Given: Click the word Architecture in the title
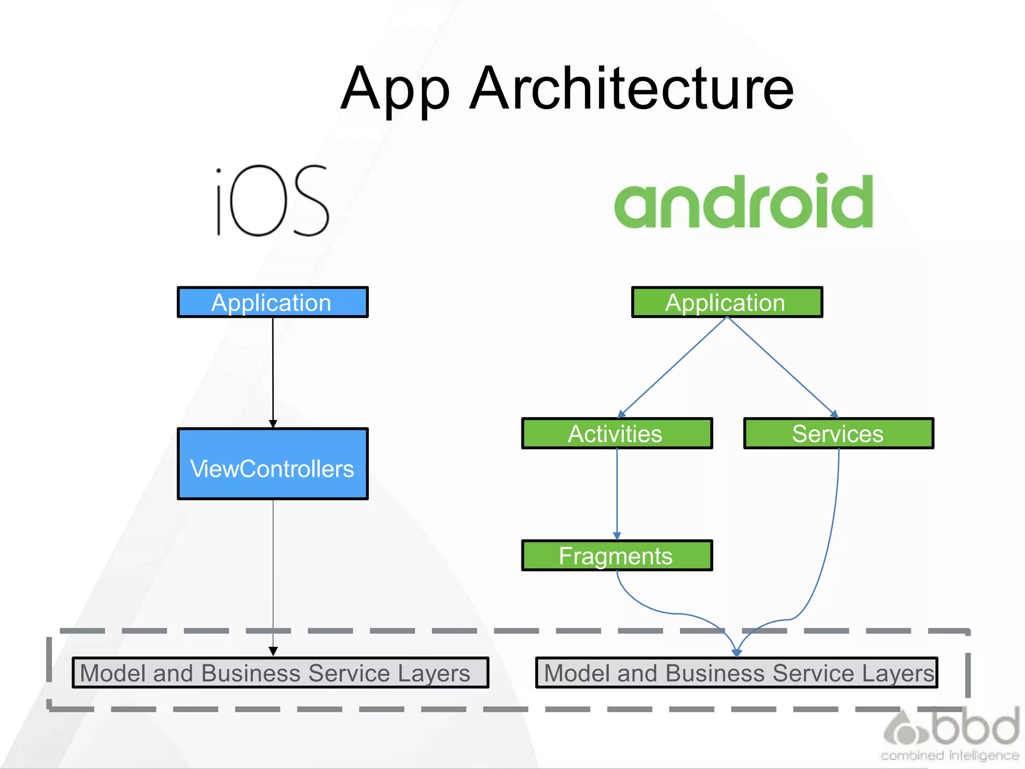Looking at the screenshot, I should click(632, 89).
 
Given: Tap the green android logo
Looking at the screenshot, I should click(744, 201).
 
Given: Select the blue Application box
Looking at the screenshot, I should click(273, 302).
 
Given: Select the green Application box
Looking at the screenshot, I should click(727, 302).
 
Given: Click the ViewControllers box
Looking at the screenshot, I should click(273, 464).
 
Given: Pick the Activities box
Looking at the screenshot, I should click(617, 434).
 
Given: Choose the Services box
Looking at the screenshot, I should click(838, 434).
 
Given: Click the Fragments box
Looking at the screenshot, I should click(617, 556).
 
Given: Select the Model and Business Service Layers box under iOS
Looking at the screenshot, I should click(280, 673).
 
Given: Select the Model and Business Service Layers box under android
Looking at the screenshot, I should click(737, 673).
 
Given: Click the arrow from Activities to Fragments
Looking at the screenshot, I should click(617, 493).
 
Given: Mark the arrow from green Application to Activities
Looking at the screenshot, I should click(672, 367).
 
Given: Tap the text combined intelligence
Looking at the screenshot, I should click(949, 755).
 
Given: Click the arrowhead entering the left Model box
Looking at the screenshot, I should click(273, 651).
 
